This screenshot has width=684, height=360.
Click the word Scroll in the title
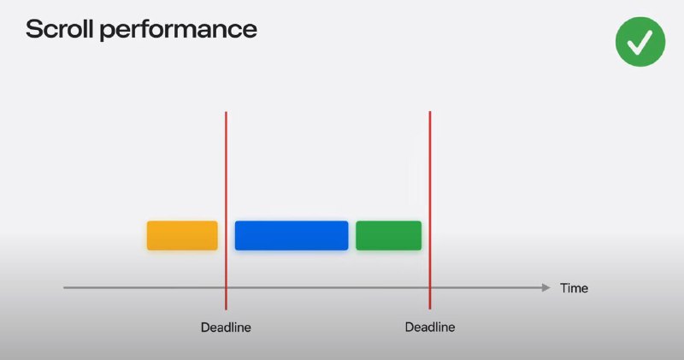[60, 29]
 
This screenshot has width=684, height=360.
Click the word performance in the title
[179, 31]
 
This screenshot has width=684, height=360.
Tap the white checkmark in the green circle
[640, 42]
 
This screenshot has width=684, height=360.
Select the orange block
[182, 236]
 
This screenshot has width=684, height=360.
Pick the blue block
[292, 236]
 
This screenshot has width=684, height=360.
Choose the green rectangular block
[389, 236]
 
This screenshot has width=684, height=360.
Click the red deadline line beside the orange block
[226, 210]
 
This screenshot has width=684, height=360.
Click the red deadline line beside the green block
[430, 210]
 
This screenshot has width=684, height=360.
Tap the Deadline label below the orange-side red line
[226, 328]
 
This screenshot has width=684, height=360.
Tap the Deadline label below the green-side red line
[430, 327]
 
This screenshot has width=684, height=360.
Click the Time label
[574, 288]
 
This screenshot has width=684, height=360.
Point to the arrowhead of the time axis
[546, 287]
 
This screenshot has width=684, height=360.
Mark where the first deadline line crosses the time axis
[226, 287]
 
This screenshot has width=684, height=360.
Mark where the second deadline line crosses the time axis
[430, 287]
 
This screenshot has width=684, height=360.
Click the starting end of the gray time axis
[64, 287]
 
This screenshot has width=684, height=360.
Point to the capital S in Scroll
[33, 29]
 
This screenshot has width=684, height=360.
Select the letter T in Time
[564, 288]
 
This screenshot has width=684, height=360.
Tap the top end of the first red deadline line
[226, 112]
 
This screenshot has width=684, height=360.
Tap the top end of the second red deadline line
[430, 112]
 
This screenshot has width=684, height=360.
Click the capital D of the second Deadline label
[410, 327]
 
